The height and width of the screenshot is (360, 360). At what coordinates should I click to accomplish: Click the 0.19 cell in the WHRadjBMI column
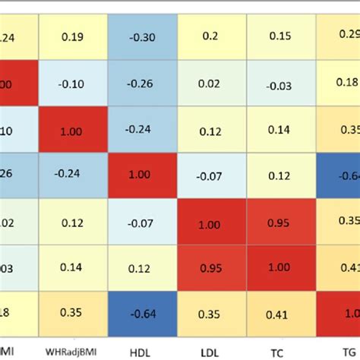(73, 35)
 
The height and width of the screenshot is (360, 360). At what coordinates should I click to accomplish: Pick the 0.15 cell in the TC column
(280, 35)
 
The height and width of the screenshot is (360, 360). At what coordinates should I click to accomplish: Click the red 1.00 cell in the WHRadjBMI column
(73, 130)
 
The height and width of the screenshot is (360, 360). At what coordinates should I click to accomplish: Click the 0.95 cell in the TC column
(280, 221)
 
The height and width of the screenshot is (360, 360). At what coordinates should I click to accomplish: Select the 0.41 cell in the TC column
(280, 313)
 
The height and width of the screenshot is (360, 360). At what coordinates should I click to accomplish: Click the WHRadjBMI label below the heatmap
(73, 350)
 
